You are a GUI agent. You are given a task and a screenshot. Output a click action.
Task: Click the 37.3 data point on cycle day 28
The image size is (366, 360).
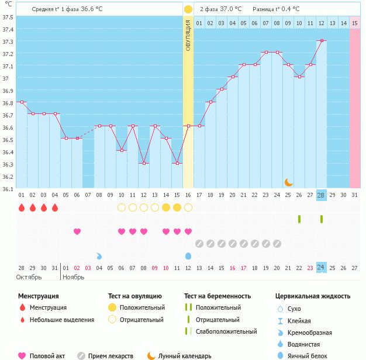coord(322,40)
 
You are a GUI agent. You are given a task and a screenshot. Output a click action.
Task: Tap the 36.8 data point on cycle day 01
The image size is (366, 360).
coord(22,102)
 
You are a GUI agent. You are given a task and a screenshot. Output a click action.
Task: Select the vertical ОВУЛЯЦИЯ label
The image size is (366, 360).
coord(188,35)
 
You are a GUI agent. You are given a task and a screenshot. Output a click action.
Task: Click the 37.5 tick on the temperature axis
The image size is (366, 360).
coord(8,18)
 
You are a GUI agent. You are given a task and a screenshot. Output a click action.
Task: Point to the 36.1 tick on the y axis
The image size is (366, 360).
coord(8,189)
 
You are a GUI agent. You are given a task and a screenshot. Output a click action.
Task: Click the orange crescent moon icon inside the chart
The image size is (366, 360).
coord(288,182)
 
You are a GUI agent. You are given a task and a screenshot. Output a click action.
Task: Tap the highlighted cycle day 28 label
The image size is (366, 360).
coord(321,195)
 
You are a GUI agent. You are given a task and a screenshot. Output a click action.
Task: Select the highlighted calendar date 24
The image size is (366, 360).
coord(321,267)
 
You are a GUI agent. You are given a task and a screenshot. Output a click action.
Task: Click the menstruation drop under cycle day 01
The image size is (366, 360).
coord(22,207)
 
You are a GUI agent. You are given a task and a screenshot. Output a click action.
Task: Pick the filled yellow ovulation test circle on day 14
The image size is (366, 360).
coord(165,207)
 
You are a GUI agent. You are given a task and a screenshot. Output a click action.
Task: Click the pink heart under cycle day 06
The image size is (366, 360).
coord(77,231)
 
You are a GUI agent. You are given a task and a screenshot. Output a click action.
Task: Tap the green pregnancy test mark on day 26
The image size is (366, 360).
coord(299,219)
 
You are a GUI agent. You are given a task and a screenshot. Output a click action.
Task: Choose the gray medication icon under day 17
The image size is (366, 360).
coord(199,244)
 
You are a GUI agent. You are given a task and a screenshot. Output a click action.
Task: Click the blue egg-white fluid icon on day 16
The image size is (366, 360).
coord(188,256)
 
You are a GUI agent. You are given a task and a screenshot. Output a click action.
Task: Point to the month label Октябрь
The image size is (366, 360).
coord(29,277)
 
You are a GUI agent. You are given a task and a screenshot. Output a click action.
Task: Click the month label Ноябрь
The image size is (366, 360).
coord(74,277)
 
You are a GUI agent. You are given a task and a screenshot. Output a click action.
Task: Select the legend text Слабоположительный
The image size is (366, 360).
coord(226,331)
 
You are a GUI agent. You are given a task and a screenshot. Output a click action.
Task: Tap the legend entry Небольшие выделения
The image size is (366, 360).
coord(62,320)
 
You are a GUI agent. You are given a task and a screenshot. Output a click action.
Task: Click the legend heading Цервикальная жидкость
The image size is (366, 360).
coord(313,296)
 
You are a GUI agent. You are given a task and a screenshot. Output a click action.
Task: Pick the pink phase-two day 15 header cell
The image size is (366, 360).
coord(355,23)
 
